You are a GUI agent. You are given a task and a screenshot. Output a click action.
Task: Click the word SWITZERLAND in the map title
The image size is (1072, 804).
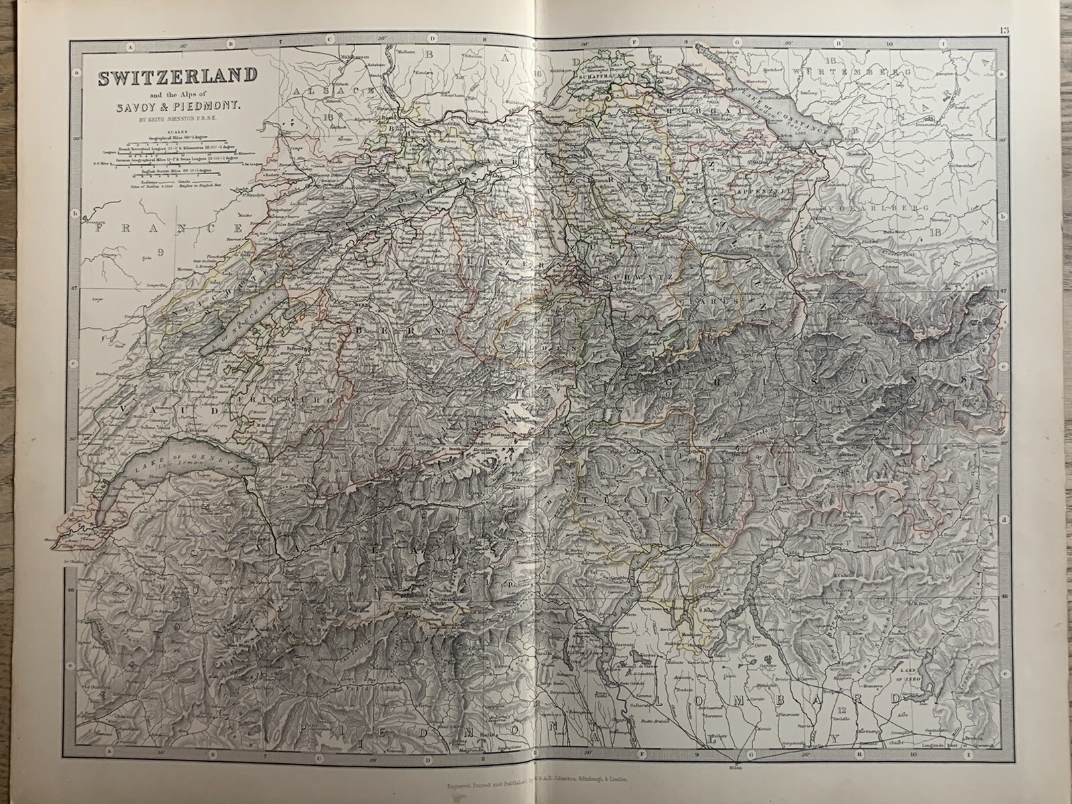pos(178,78)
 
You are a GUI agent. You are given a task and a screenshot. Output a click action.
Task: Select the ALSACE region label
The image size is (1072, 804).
pos(333,90)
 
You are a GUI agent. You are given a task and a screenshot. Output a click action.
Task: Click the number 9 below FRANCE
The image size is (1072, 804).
pos(161,253)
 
